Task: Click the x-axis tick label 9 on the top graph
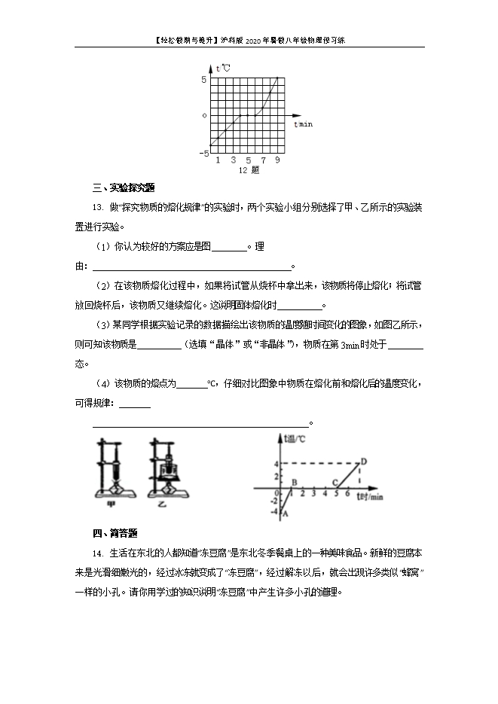pos(278,160)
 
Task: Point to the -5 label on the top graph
pos(203,153)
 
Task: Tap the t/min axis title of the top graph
pos(303,123)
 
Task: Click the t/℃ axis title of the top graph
pos(223,69)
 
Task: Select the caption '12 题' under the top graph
pos(249,170)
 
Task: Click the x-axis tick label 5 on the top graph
pos(248,160)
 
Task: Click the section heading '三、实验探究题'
pos(123,187)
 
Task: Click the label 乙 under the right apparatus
pos(161,505)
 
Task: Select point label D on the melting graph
pos(364,462)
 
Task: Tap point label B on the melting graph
pos(293,483)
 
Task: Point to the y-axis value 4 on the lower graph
pos(276,463)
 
